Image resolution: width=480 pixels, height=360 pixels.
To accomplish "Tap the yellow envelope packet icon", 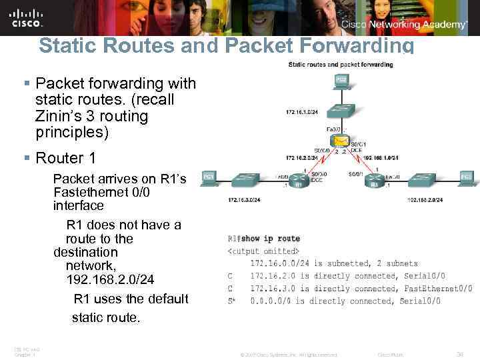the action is (342, 141).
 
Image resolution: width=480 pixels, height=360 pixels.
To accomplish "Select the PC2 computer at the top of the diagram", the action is (341, 83).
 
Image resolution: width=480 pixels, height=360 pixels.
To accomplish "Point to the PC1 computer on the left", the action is (209, 177).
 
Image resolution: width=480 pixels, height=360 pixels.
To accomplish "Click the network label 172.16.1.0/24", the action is (302, 111).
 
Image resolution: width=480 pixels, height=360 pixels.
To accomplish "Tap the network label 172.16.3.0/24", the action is (244, 199).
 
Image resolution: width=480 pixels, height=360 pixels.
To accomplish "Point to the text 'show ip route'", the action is (270, 239).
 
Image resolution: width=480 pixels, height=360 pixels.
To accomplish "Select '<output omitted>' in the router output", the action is (261, 251).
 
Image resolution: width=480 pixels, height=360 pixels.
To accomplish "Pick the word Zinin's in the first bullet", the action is (63, 116).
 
